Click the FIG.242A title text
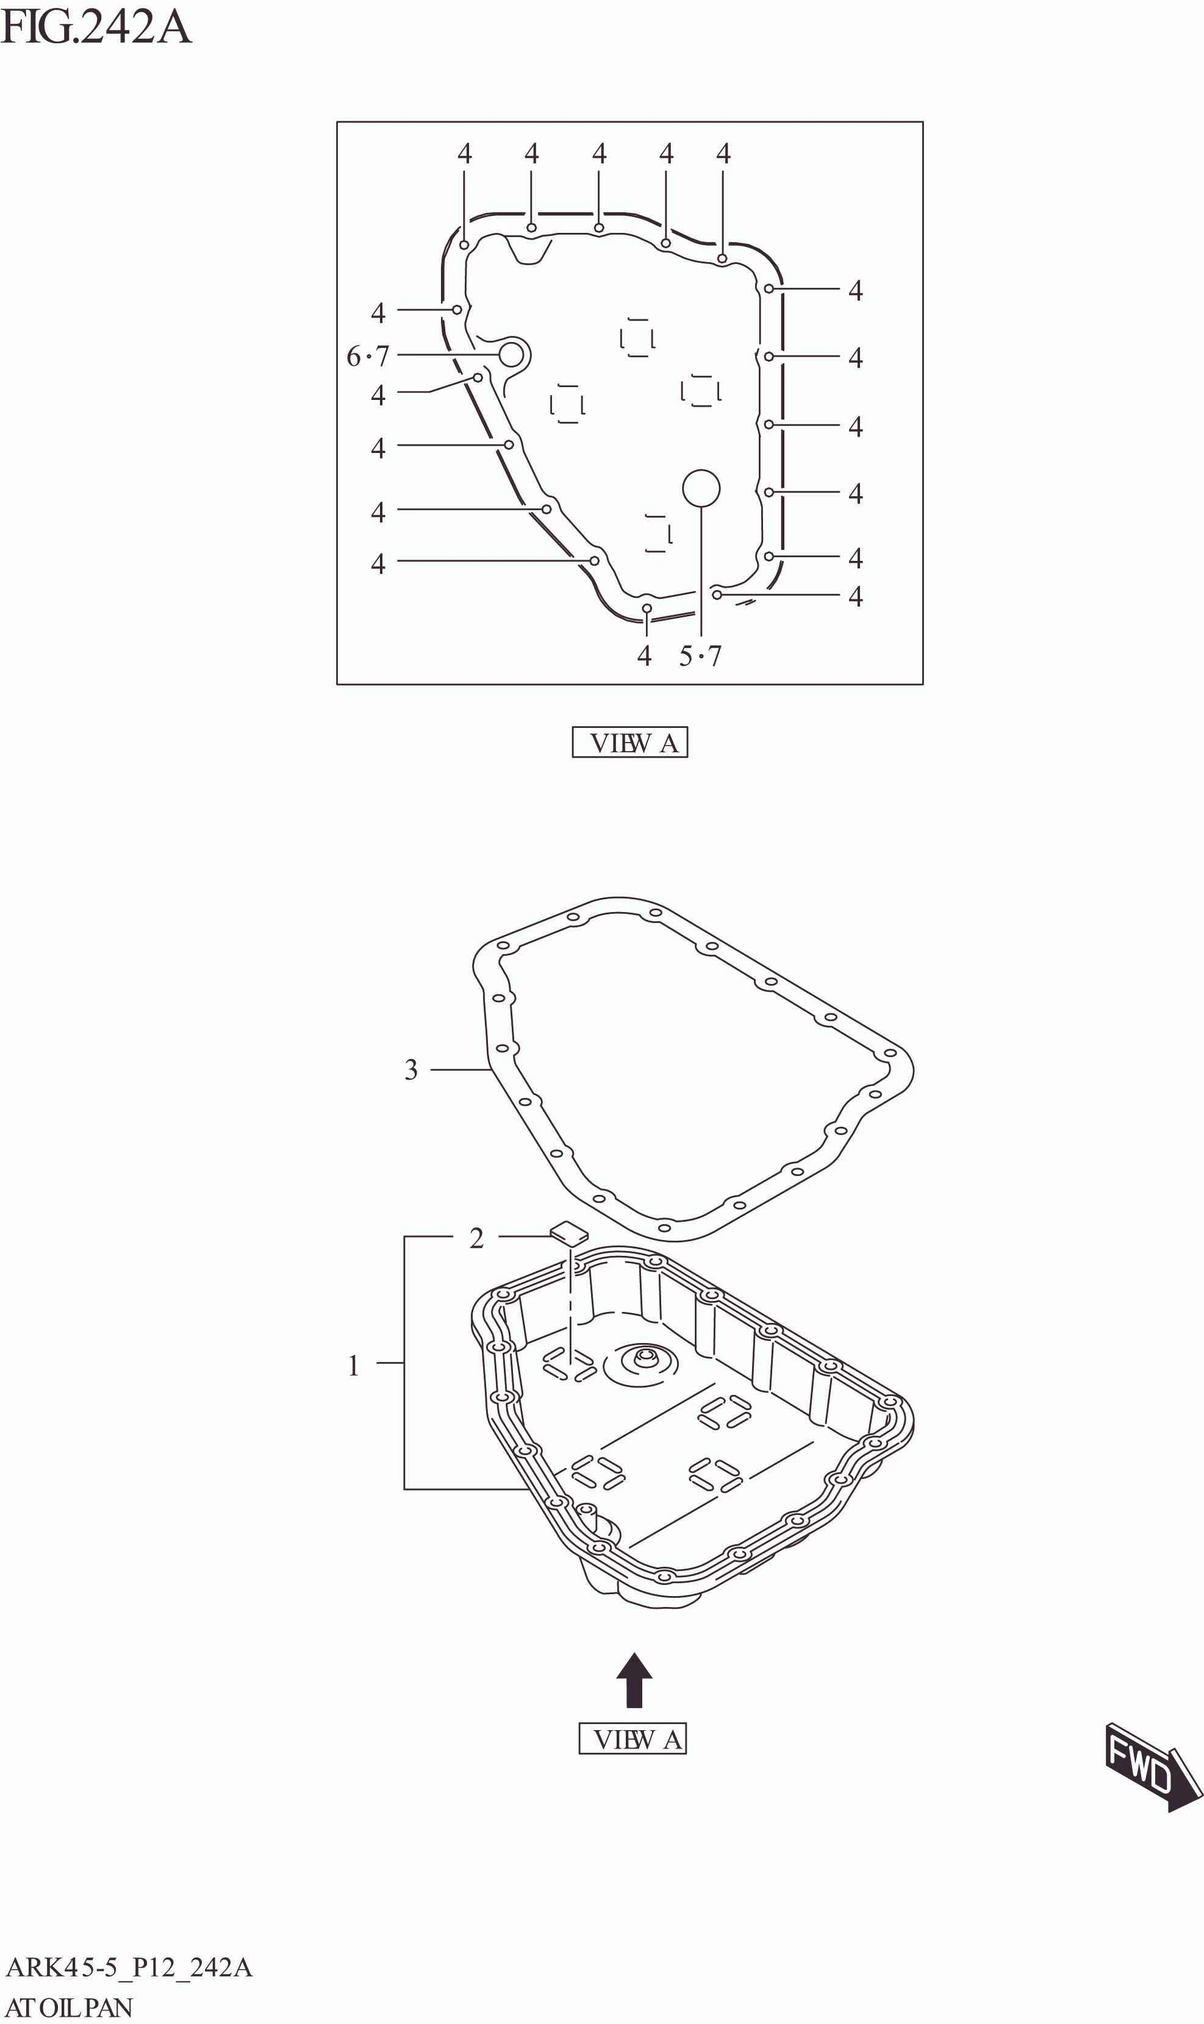(96, 27)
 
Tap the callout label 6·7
(368, 356)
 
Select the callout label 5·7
(700, 656)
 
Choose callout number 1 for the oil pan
(354, 1366)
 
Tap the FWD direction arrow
(1150, 1771)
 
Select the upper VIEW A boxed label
(629, 743)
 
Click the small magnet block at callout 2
(570, 1233)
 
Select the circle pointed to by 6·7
(511, 354)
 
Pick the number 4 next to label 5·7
(644, 656)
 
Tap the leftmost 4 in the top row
(464, 153)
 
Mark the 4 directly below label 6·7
(378, 395)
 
